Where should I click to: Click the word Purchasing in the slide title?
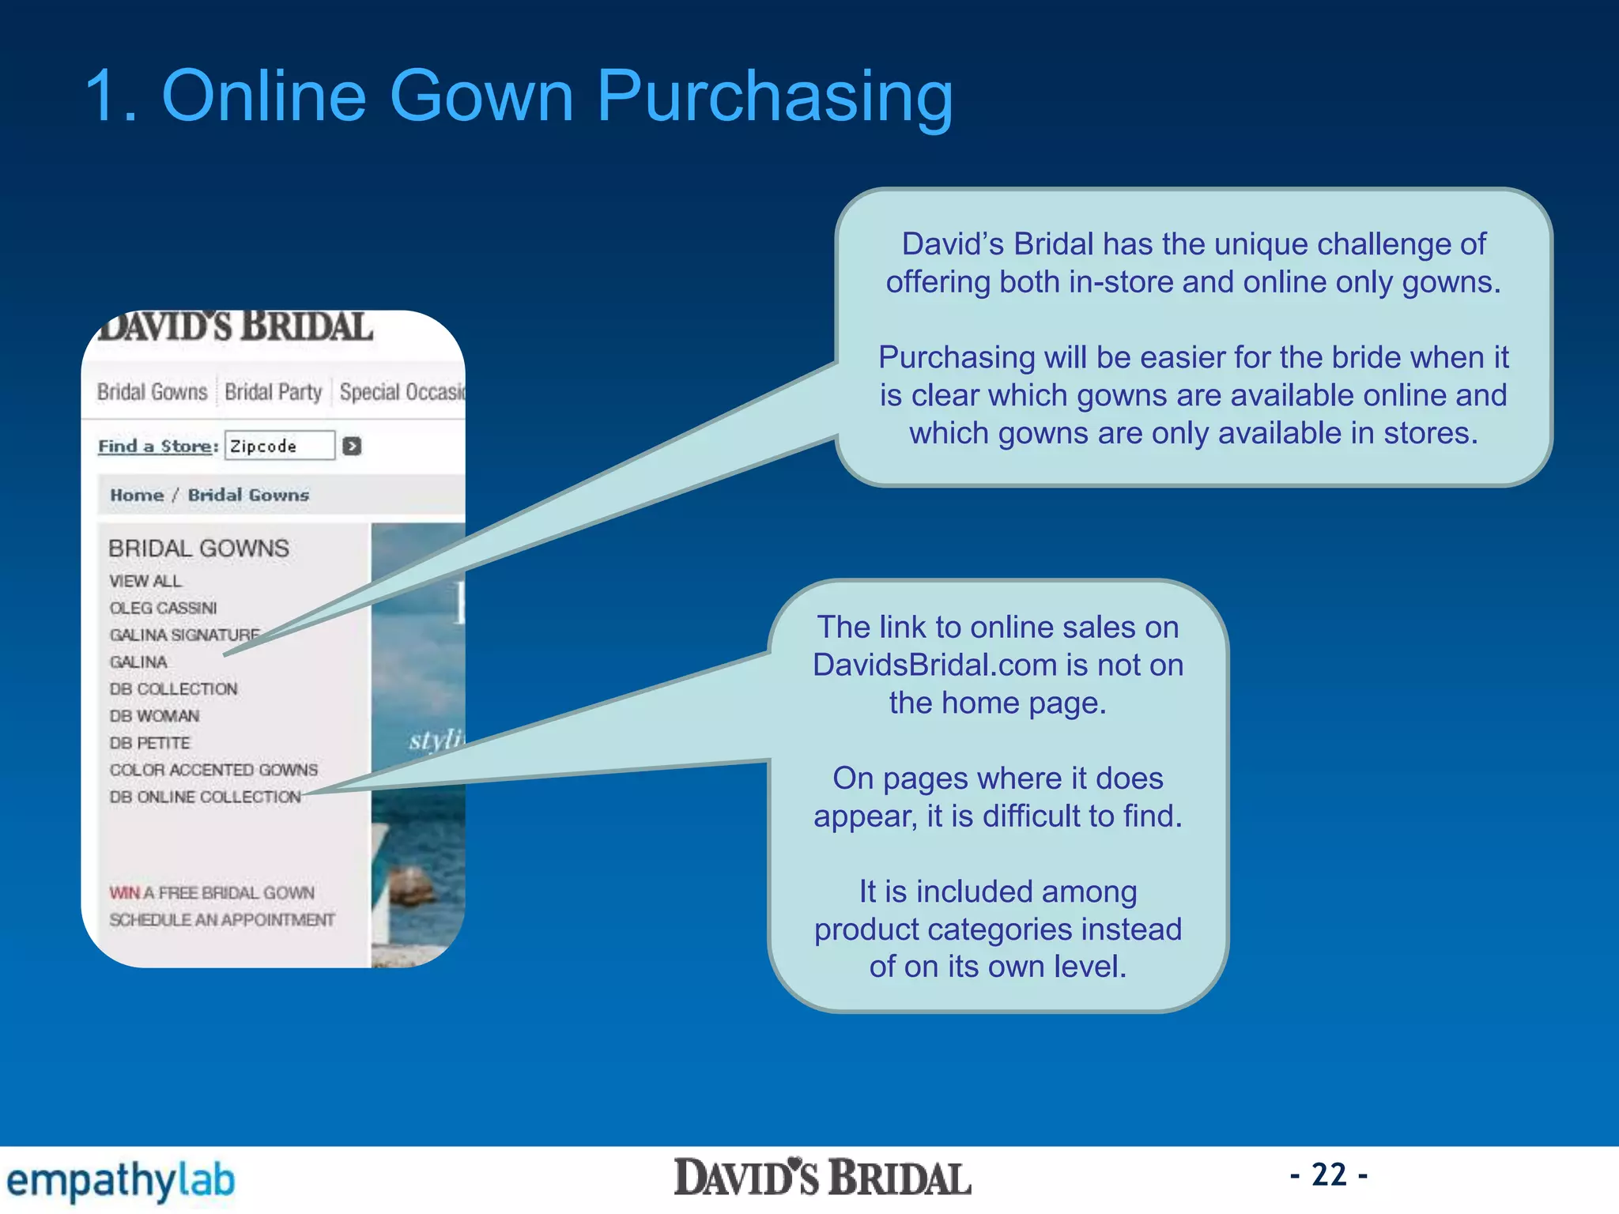[x=775, y=96]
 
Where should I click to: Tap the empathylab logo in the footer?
[x=120, y=1181]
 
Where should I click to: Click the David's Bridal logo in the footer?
[x=822, y=1178]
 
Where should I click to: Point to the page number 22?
[x=1329, y=1175]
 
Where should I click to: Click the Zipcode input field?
[x=279, y=446]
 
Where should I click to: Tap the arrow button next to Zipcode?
[x=352, y=447]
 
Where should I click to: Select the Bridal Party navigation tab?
[x=273, y=392]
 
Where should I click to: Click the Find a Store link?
[x=157, y=447]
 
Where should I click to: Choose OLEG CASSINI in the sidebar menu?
[x=163, y=608]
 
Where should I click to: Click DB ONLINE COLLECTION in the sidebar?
[x=205, y=797]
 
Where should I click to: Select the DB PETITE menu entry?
[x=149, y=743]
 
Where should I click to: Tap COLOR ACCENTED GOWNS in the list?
[x=213, y=770]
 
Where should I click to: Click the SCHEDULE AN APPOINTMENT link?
[x=221, y=920]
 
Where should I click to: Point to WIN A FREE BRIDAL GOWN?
[x=212, y=893]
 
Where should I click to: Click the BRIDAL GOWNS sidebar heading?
[x=198, y=549]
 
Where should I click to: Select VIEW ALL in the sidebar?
[x=145, y=581]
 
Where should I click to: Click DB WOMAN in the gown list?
[x=154, y=716]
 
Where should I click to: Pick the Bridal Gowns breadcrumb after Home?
[x=248, y=496]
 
